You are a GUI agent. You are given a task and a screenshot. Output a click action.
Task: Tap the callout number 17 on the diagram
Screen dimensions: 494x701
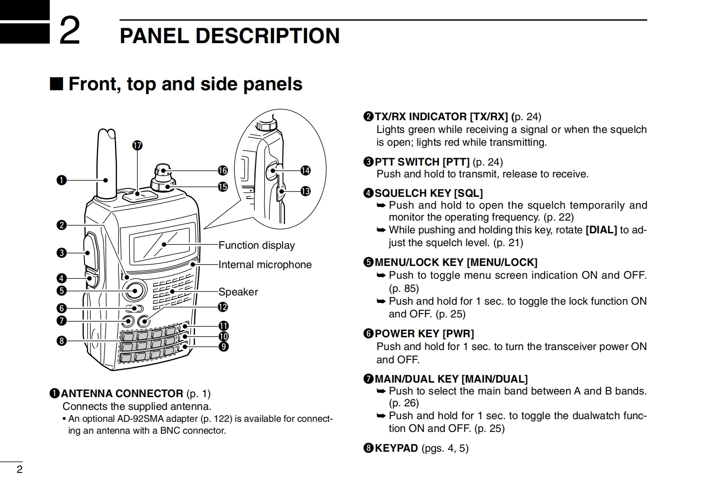pos(137,146)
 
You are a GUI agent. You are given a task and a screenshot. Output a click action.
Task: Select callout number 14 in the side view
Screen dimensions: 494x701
pos(305,170)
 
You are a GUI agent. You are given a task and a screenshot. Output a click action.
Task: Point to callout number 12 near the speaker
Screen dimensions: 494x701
pos(223,306)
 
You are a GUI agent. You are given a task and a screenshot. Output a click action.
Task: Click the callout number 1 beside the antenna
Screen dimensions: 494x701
pos(61,180)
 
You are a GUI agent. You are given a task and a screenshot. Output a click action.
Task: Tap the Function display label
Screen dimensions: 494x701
pos(256,245)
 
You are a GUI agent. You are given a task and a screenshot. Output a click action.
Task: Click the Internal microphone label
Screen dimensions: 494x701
pos(265,265)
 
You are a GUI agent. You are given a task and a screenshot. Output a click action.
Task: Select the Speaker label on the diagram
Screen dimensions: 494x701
pos(238,292)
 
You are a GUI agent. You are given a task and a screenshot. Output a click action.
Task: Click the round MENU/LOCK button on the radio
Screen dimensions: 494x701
pos(135,291)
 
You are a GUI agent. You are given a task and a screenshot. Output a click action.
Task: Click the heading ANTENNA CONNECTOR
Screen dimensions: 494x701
pos(122,394)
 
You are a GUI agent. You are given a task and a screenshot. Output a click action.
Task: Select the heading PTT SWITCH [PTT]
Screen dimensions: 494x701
pos(422,162)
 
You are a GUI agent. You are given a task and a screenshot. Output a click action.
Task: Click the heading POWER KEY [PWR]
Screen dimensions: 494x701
pos(424,334)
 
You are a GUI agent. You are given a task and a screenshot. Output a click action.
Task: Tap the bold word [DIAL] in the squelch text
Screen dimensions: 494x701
pos(601,230)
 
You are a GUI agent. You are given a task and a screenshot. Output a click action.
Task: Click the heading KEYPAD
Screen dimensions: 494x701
pos(396,448)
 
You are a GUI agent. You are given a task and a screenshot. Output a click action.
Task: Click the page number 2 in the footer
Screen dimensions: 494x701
pos(19,469)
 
